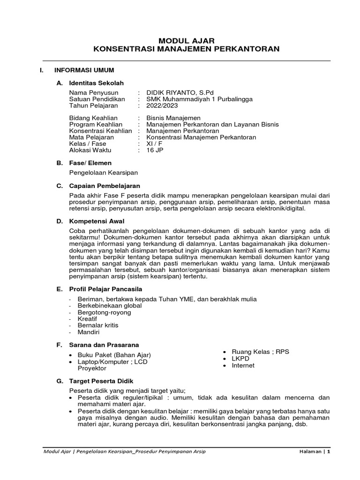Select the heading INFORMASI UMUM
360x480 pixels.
pyautogui.click(x=84, y=70)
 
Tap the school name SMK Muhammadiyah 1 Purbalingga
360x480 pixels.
pyautogui.click(x=199, y=99)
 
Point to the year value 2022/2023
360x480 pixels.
pyautogui.click(x=162, y=105)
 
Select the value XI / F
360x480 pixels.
pyautogui.click(x=154, y=144)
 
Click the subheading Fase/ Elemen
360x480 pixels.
pyautogui.click(x=90, y=163)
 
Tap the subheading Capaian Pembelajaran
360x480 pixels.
pyautogui.click(x=105, y=186)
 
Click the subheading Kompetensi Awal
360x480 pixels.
pyautogui.click(x=97, y=221)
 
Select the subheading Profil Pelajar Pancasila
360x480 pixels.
pyautogui.click(x=105, y=288)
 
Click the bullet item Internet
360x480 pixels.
pyautogui.click(x=243, y=365)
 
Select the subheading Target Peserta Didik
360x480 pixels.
pyautogui.click(x=101, y=381)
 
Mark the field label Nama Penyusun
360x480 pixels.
pyautogui.click(x=94, y=92)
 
